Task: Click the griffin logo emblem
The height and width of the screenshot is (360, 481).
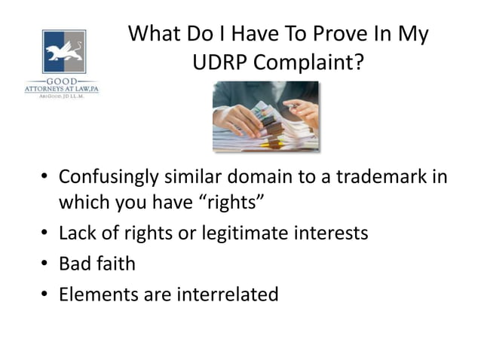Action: pos(64,52)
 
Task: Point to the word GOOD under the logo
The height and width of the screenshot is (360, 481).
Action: pos(63,79)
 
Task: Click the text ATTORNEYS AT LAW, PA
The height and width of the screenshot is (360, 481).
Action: pos(62,88)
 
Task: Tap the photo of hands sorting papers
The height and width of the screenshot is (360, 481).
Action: pos(265,117)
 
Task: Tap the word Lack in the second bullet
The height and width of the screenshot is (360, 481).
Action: pos(78,233)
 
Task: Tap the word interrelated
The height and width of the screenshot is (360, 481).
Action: pos(227,294)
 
